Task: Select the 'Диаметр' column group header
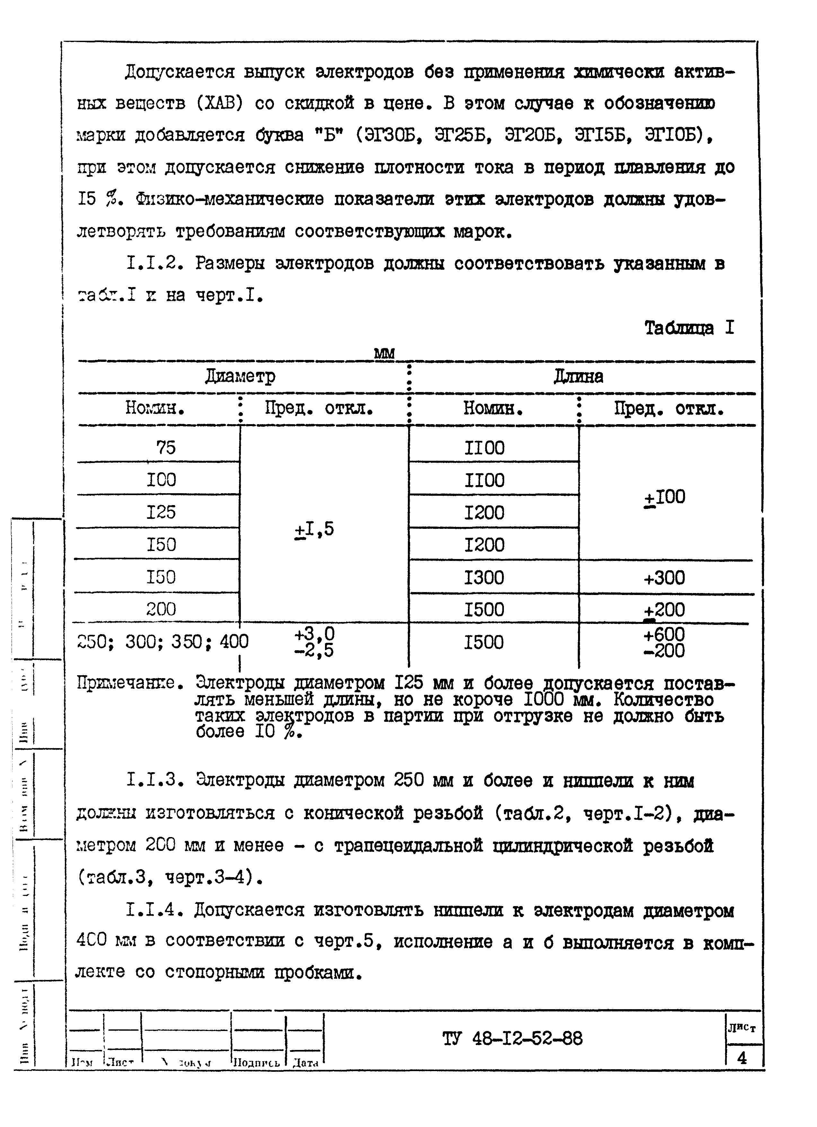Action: [x=240, y=376]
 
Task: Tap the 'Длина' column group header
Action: [x=578, y=377]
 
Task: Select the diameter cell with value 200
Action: [x=161, y=609]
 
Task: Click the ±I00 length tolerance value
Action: [x=664, y=497]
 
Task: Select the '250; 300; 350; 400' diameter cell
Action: [x=163, y=642]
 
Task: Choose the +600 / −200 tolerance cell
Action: [x=664, y=642]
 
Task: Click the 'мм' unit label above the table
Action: [x=384, y=353]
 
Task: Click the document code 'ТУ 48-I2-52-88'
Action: [x=512, y=1039]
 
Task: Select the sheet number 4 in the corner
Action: [x=742, y=1058]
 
